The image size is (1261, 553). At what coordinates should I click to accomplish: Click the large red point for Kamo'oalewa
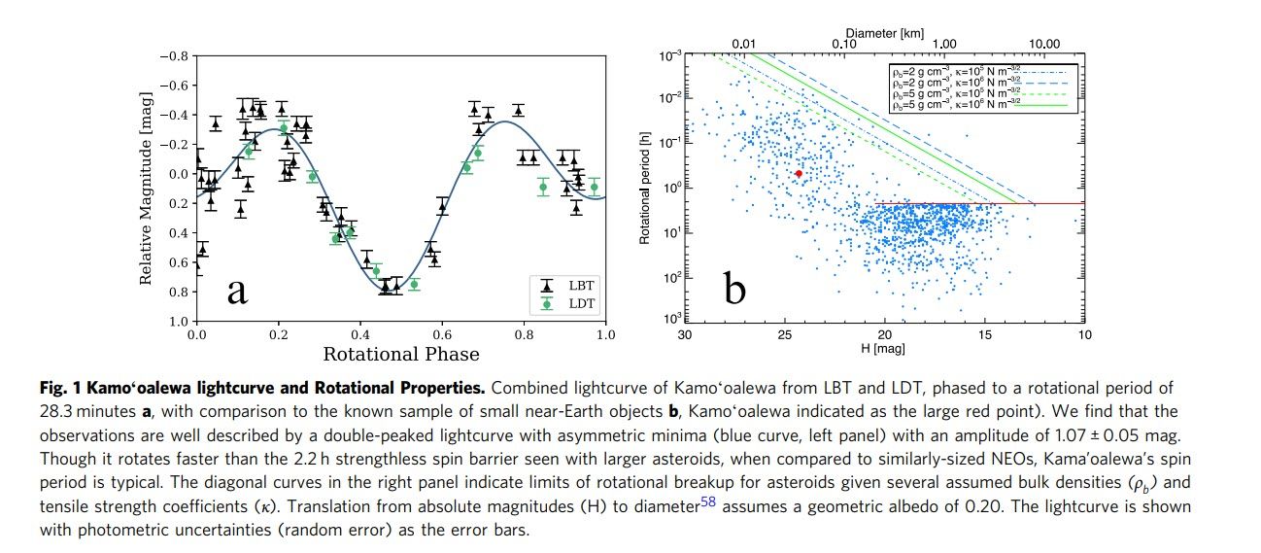coord(799,173)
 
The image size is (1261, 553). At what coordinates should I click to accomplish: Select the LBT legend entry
coord(573,285)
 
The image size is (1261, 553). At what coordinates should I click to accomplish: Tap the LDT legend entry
coord(573,303)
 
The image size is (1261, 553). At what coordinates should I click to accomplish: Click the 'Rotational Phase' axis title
coord(399,354)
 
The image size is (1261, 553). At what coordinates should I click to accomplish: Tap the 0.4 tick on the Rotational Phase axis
coord(359,333)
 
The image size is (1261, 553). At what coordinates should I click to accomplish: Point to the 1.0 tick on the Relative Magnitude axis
coord(179,321)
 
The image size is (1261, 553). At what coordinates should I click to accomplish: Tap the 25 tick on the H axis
coord(785,334)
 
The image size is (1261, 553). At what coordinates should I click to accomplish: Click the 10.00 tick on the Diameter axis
coord(1043,44)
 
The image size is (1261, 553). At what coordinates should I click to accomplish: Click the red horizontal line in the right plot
coord(971,203)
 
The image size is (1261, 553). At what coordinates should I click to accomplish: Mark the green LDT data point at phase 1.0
coord(594,186)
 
